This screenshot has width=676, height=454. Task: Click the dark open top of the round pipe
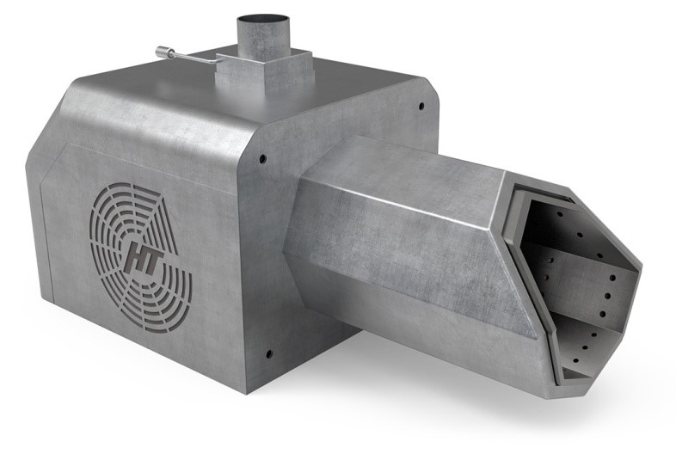(262, 20)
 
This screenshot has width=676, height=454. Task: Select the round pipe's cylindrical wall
(262, 39)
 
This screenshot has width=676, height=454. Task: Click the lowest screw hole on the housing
(269, 354)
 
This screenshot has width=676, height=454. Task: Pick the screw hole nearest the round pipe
(421, 105)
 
